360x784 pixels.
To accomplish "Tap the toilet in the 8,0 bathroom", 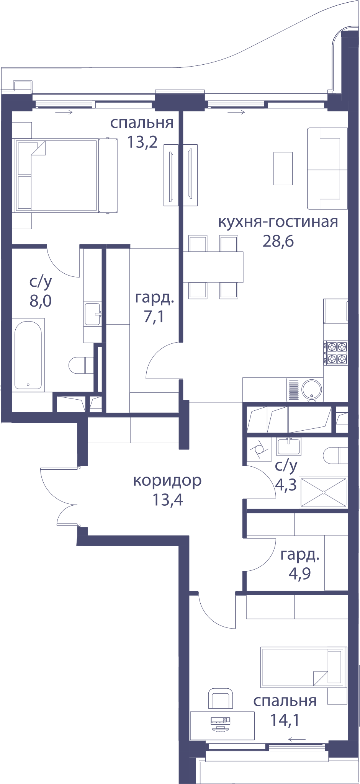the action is (81, 365).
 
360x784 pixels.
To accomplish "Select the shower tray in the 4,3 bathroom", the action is (323, 492).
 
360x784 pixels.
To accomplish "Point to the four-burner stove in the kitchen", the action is (336, 353).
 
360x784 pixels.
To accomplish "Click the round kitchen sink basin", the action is (312, 390).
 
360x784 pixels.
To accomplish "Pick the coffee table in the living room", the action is (283, 168).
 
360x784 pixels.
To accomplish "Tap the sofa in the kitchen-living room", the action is (327, 168).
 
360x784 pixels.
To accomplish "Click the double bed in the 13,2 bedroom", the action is (65, 175).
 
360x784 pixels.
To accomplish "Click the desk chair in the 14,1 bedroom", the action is (220, 698).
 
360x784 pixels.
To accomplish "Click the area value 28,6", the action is (278, 241).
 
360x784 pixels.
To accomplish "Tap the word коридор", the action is (167, 481).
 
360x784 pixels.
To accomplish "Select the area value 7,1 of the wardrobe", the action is (154, 317).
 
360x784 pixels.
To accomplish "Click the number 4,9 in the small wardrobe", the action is (299, 573).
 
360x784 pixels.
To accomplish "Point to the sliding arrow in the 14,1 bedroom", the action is (297, 739).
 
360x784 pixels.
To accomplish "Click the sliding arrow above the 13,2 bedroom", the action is (64, 112).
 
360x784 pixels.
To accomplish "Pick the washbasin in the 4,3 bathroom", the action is (289, 446).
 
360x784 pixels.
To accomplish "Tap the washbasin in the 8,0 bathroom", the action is (93, 314).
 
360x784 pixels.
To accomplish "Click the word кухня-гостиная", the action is (278, 222).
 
